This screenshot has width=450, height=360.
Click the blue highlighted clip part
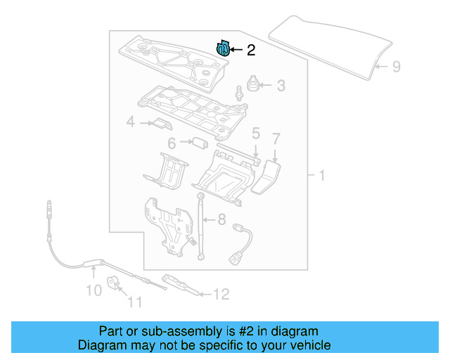tap(221, 49)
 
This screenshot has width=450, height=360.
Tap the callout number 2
tap(250, 50)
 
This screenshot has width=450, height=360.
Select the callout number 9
tap(396, 67)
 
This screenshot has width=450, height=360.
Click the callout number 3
tap(281, 86)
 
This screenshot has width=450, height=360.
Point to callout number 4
tap(129, 124)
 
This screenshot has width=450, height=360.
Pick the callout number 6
tap(171, 143)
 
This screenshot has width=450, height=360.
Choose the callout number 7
tap(276, 138)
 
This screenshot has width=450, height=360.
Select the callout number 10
tap(94, 289)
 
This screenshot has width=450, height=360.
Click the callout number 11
tap(134, 303)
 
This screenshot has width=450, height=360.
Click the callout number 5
tap(256, 133)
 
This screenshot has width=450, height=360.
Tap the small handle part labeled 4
tap(160, 124)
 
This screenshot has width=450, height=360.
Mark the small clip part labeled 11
tap(115, 283)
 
